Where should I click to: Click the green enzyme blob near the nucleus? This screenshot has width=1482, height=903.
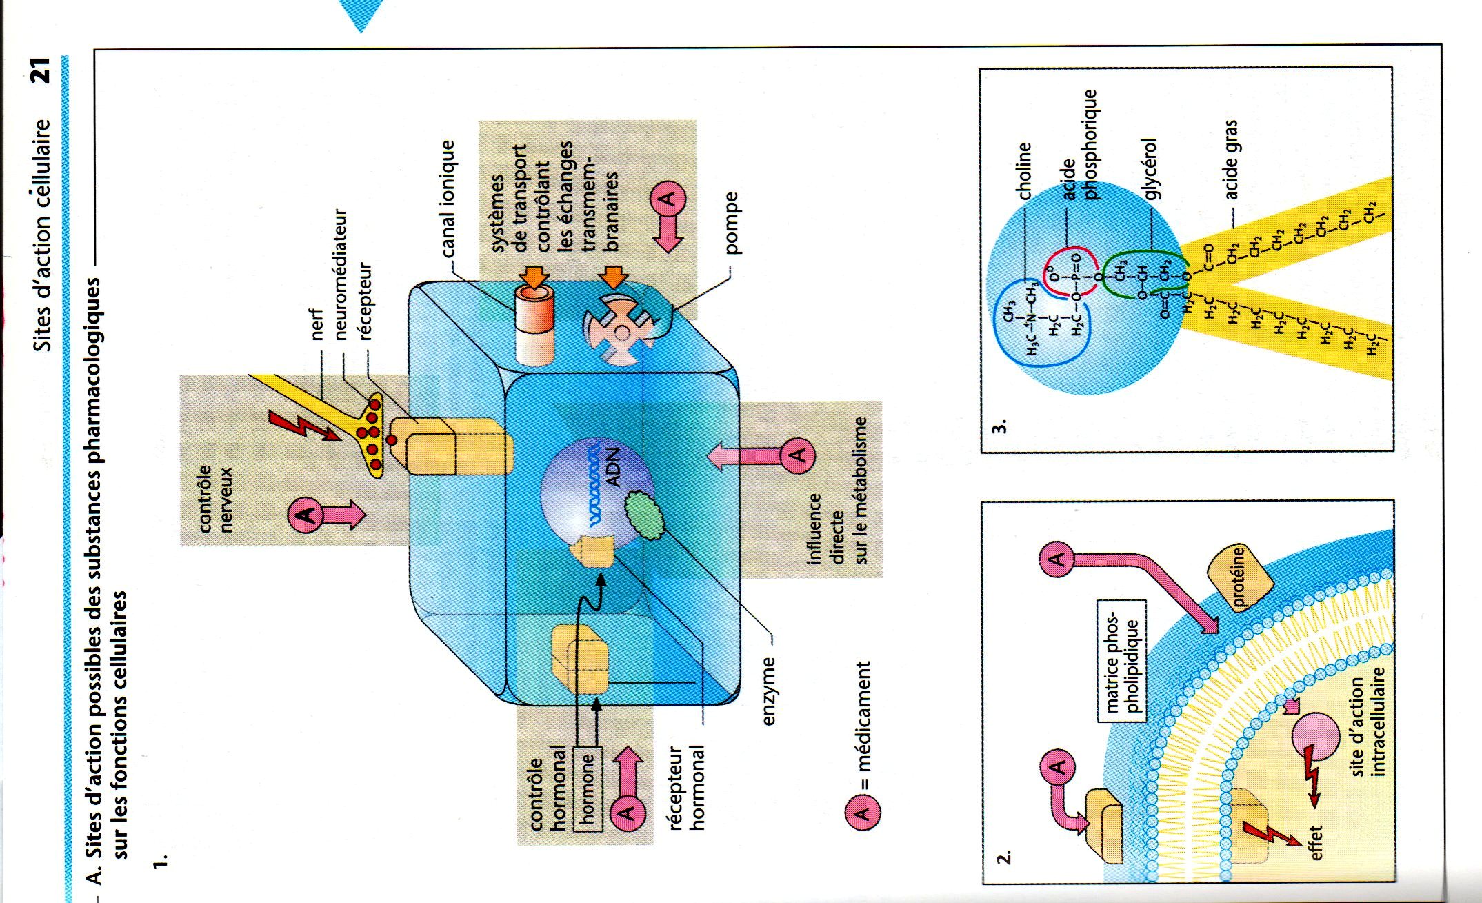click(643, 515)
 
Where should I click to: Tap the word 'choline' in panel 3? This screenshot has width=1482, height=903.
click(1023, 170)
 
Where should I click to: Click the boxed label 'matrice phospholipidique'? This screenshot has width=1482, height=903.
click(1122, 660)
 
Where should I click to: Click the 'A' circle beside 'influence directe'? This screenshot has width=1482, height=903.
click(797, 455)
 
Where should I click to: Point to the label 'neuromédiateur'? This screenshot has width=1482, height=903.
click(339, 275)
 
